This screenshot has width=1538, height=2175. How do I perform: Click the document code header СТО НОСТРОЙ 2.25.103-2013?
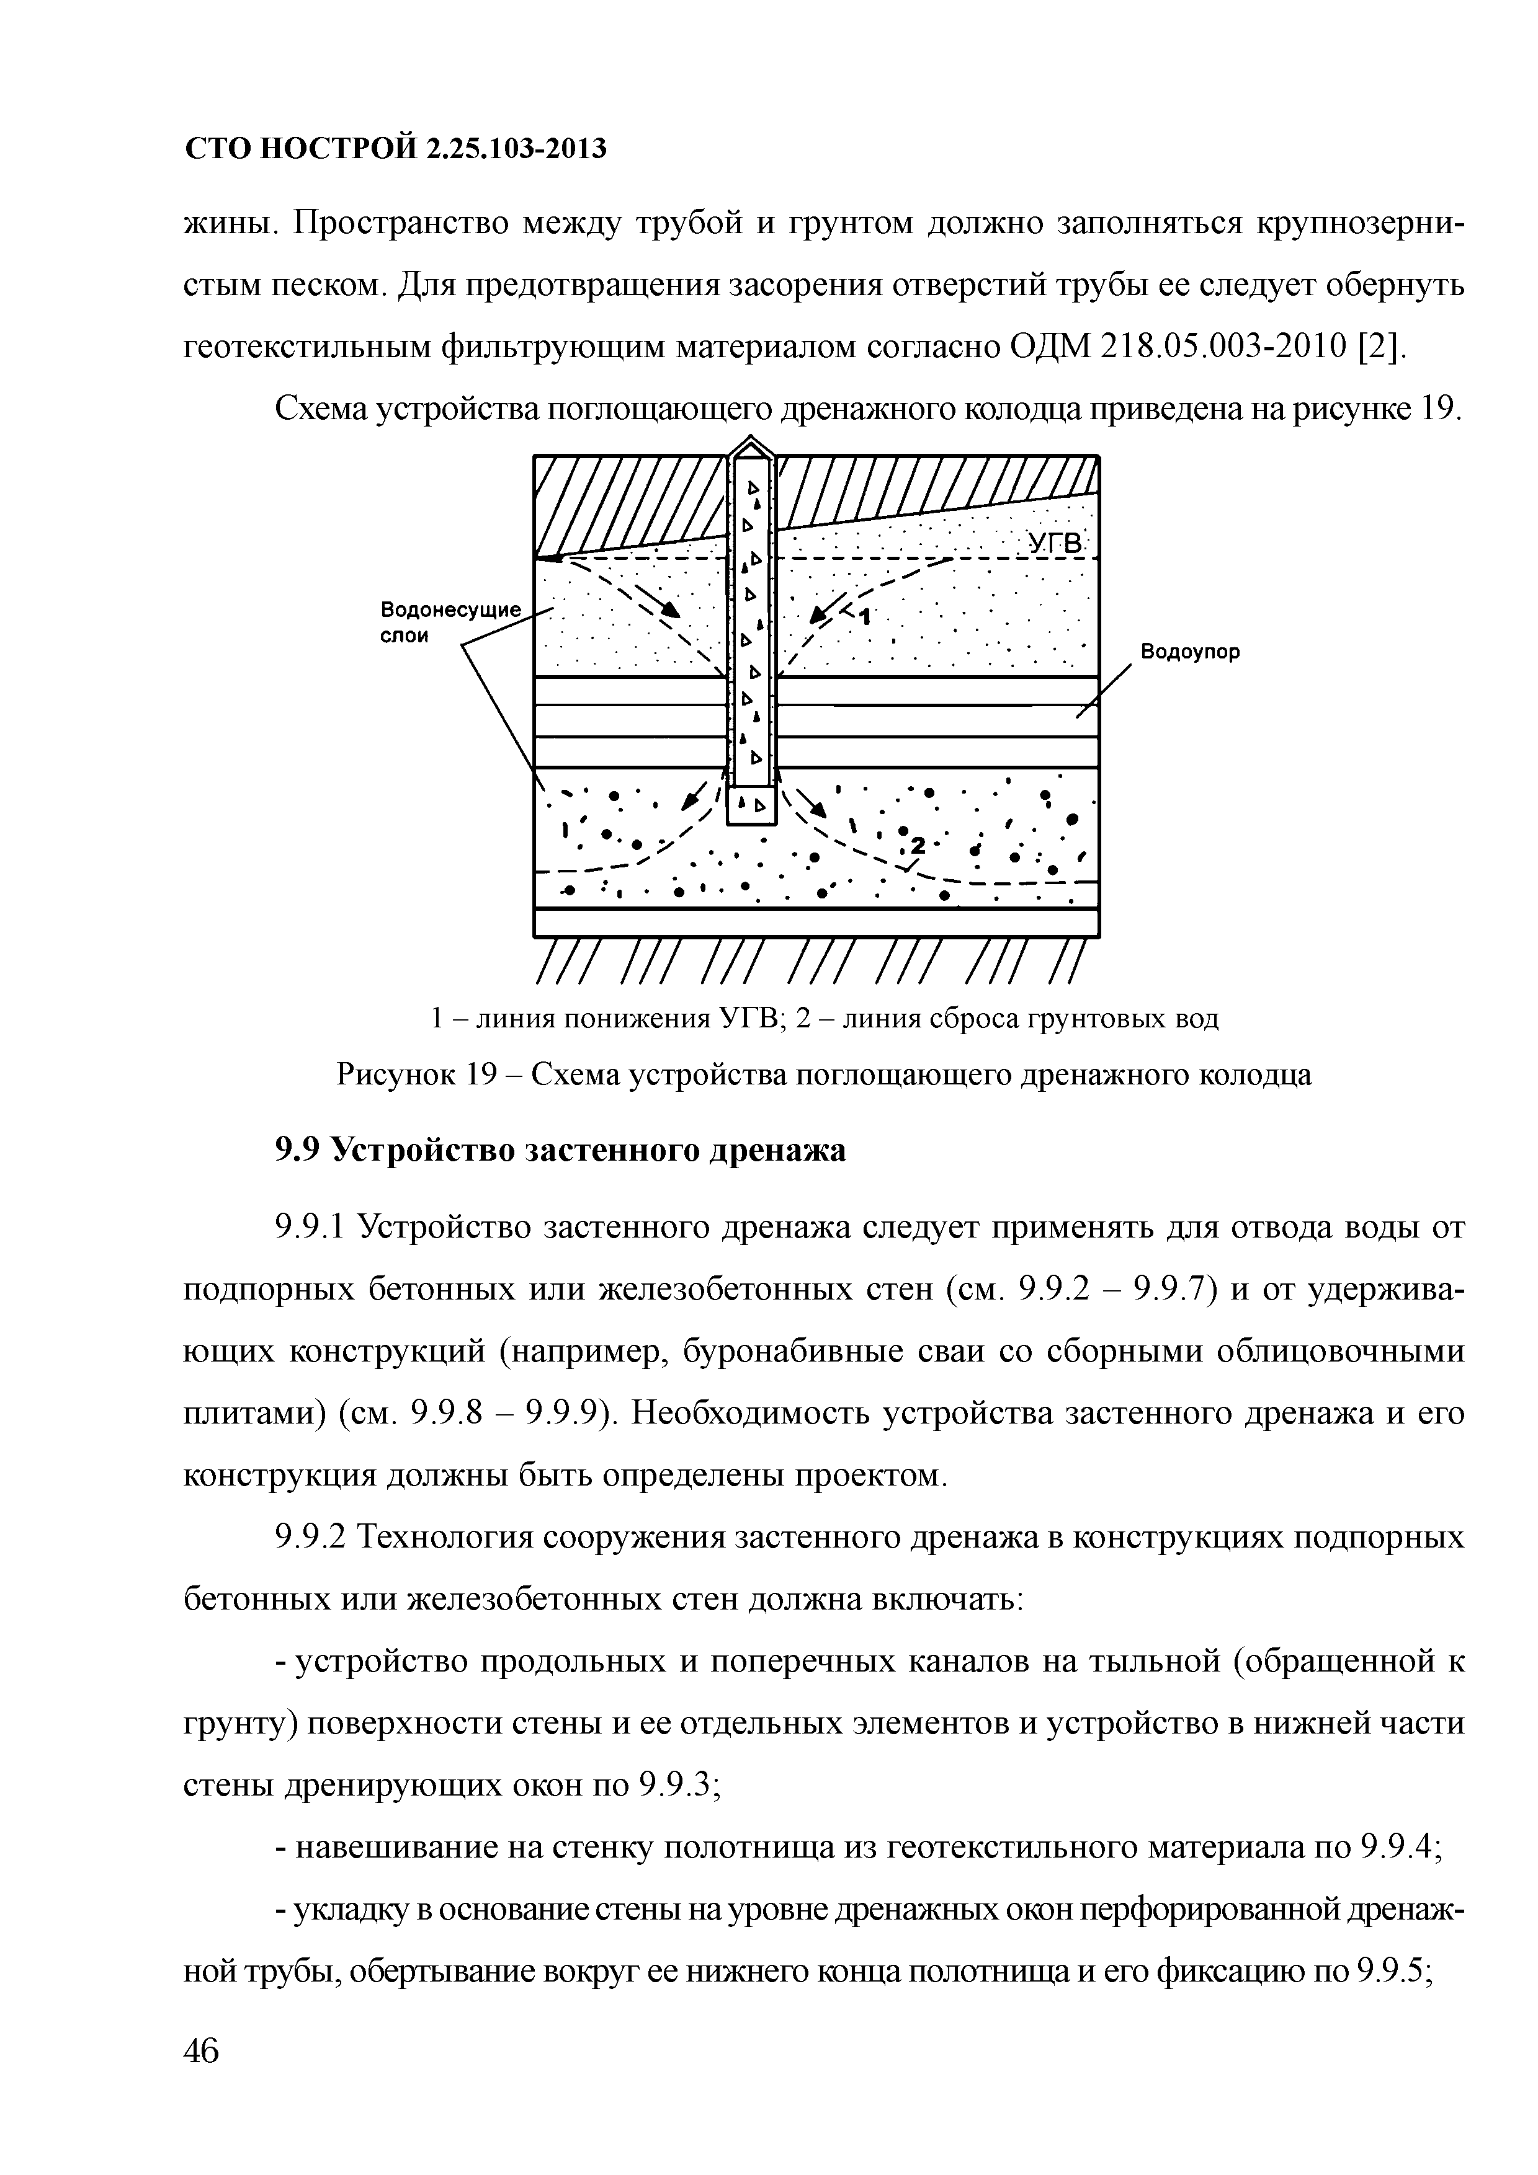394,149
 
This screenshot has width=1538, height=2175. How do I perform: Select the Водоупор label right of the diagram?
1189,653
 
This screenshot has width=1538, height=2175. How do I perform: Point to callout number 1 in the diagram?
866,617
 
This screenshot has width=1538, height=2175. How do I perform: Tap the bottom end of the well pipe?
751,807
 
